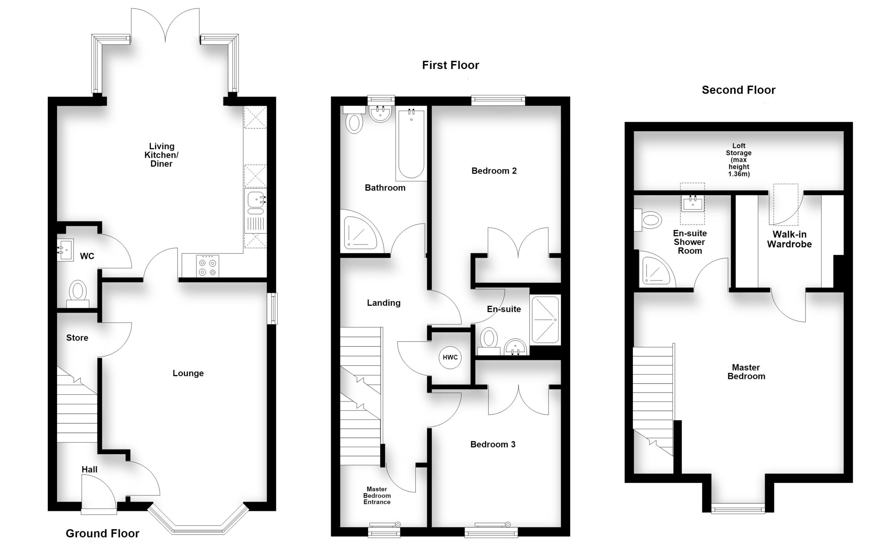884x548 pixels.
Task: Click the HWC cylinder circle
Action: [x=450, y=357]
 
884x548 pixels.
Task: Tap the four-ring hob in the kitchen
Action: [x=208, y=266]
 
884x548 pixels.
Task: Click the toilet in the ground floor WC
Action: [x=78, y=294]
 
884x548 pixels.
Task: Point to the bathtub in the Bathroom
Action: [x=411, y=144]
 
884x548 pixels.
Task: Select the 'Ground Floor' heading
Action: [x=102, y=534]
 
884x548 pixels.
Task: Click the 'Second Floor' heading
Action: [x=739, y=90]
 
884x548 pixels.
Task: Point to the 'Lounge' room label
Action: [x=188, y=373]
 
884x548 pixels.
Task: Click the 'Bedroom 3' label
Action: [x=493, y=444]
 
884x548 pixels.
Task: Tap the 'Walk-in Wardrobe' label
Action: [x=789, y=239]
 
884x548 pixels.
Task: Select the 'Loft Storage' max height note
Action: [x=739, y=160]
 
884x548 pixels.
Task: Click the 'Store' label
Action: [x=77, y=338]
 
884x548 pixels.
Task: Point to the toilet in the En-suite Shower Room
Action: [x=648, y=220]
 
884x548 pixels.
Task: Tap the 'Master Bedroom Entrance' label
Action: [x=377, y=496]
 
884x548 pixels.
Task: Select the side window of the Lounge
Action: [x=272, y=309]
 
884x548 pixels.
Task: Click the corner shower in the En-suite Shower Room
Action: [x=657, y=268]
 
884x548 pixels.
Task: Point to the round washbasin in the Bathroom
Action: [x=380, y=114]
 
